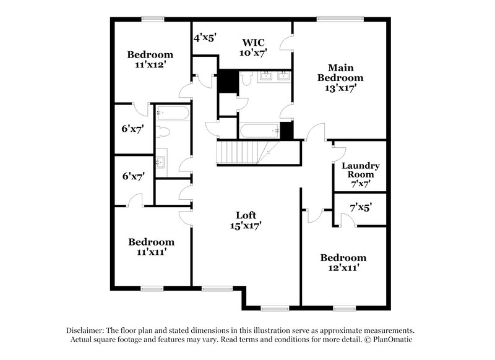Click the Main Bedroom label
[x=340, y=72]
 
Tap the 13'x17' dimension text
[x=340, y=88]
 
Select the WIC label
[x=253, y=43]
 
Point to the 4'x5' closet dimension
[x=204, y=38]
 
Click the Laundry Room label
[x=360, y=170]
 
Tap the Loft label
[x=246, y=215]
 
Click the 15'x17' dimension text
[x=246, y=226]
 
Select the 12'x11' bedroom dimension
[x=343, y=268]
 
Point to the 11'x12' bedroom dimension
[x=150, y=64]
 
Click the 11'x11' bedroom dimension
[x=151, y=252]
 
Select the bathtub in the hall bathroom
[x=172, y=113]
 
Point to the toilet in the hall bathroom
[x=164, y=132]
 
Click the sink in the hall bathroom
[x=161, y=162]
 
